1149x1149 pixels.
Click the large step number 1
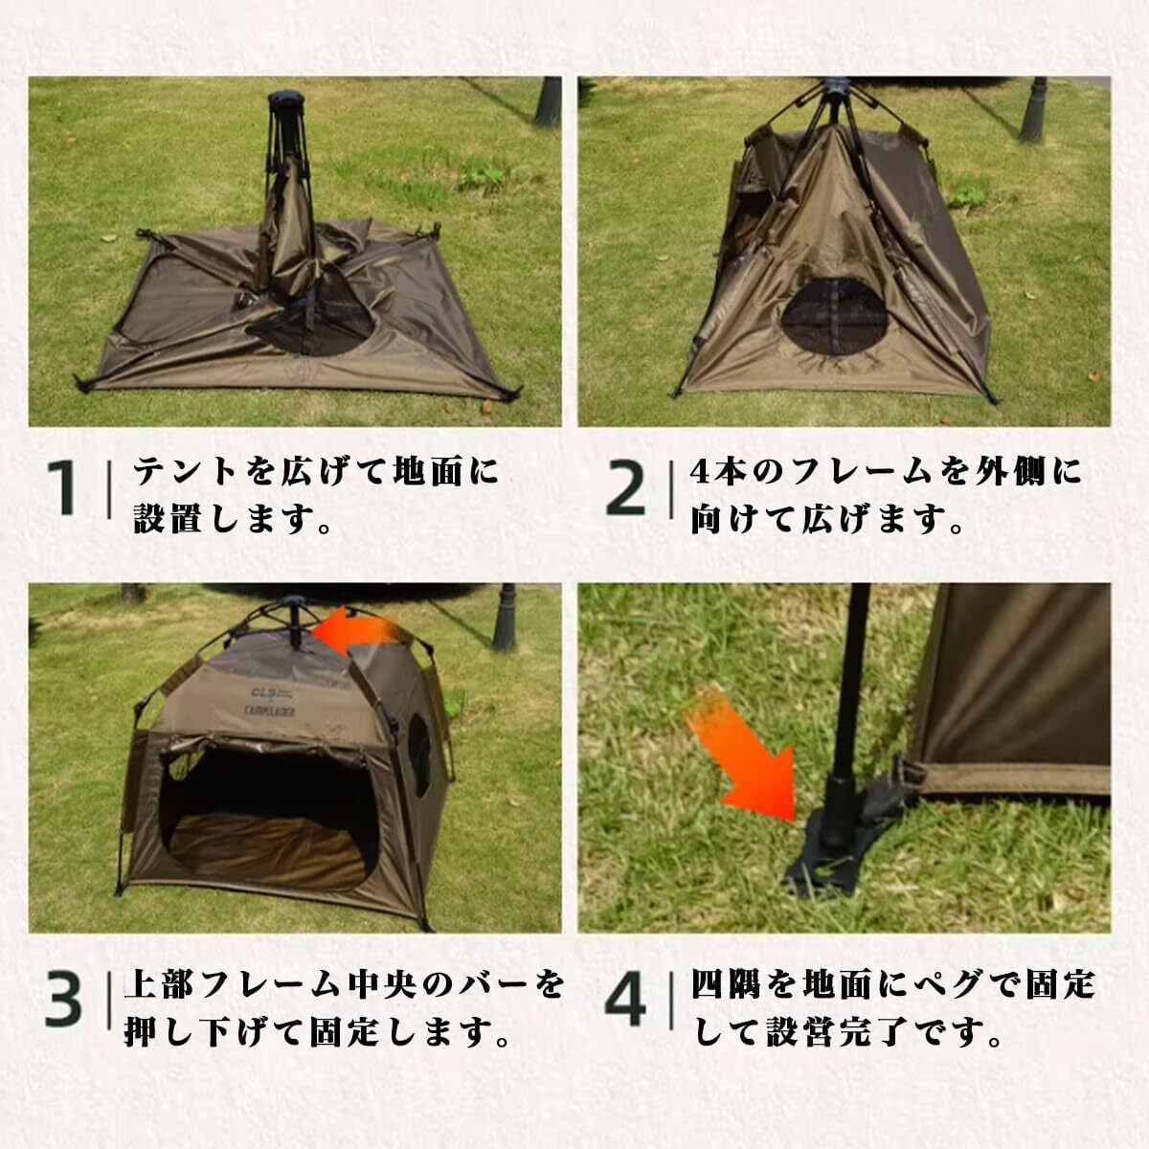(61, 488)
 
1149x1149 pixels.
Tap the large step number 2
(625, 488)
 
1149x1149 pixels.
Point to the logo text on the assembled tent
(274, 701)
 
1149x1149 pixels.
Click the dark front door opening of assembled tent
(269, 817)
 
